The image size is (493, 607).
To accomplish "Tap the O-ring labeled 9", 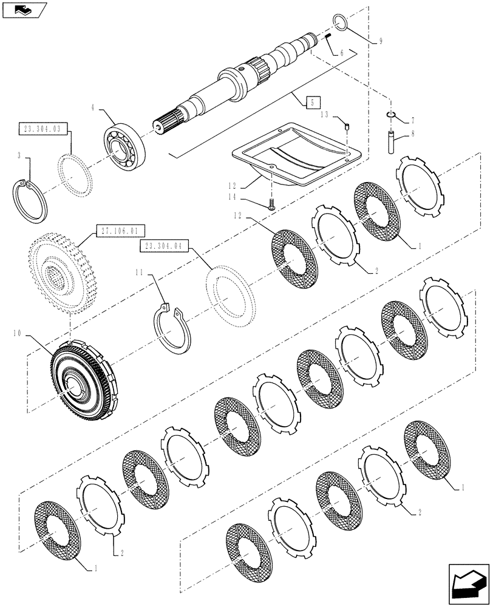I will coord(342,24).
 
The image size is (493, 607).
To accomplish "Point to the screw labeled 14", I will coord(271,205).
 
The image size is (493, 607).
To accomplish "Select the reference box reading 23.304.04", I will coord(165,245).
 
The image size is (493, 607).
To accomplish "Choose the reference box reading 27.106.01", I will coord(115,231).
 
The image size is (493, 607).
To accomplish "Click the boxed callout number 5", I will coord(311,103).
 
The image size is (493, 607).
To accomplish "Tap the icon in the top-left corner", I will coord(22,9).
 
